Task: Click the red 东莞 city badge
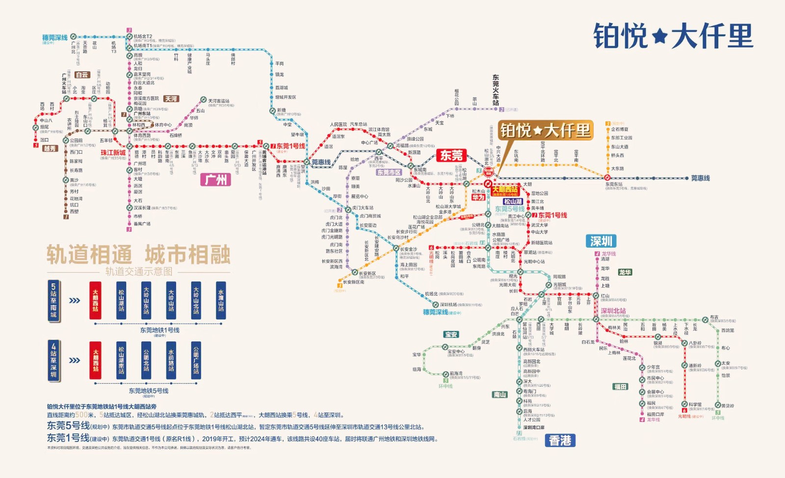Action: coord(451,156)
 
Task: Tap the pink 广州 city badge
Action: coord(215,180)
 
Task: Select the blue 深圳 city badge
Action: coord(601,241)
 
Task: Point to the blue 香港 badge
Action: coord(560,441)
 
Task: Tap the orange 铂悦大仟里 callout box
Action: coord(545,131)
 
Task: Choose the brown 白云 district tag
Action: coord(82,75)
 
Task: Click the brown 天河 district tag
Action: coord(171,99)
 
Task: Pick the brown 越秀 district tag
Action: coord(50,148)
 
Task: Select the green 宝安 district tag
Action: coord(451,335)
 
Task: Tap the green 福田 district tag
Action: coord(620,387)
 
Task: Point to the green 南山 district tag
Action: coord(499,394)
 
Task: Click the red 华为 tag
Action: coord(478,197)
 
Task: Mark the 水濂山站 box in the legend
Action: coord(221,301)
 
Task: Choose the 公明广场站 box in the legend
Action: coord(196,361)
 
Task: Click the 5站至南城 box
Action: coord(53,301)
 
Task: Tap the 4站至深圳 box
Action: coord(53,360)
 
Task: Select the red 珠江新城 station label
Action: coord(113,153)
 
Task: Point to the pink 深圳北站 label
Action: coord(613,311)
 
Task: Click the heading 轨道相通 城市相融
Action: coord(138,255)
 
